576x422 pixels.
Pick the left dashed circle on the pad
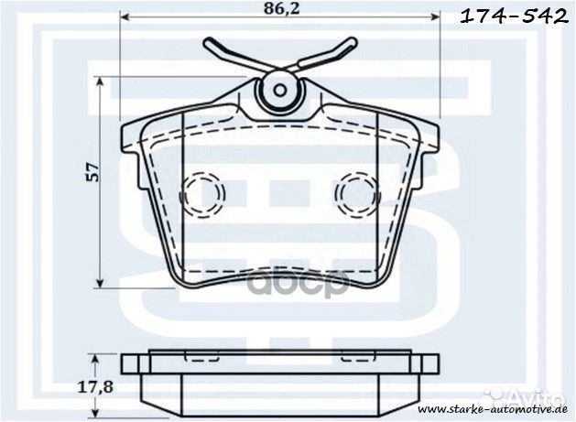tap(201, 192)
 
